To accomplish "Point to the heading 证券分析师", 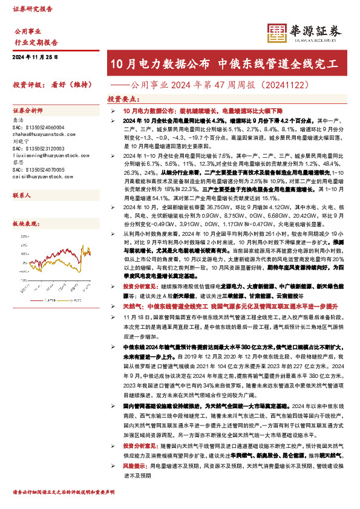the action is pos(28,112).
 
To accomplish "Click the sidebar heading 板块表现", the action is pos(25,223).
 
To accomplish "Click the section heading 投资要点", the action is pos(122,98).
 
